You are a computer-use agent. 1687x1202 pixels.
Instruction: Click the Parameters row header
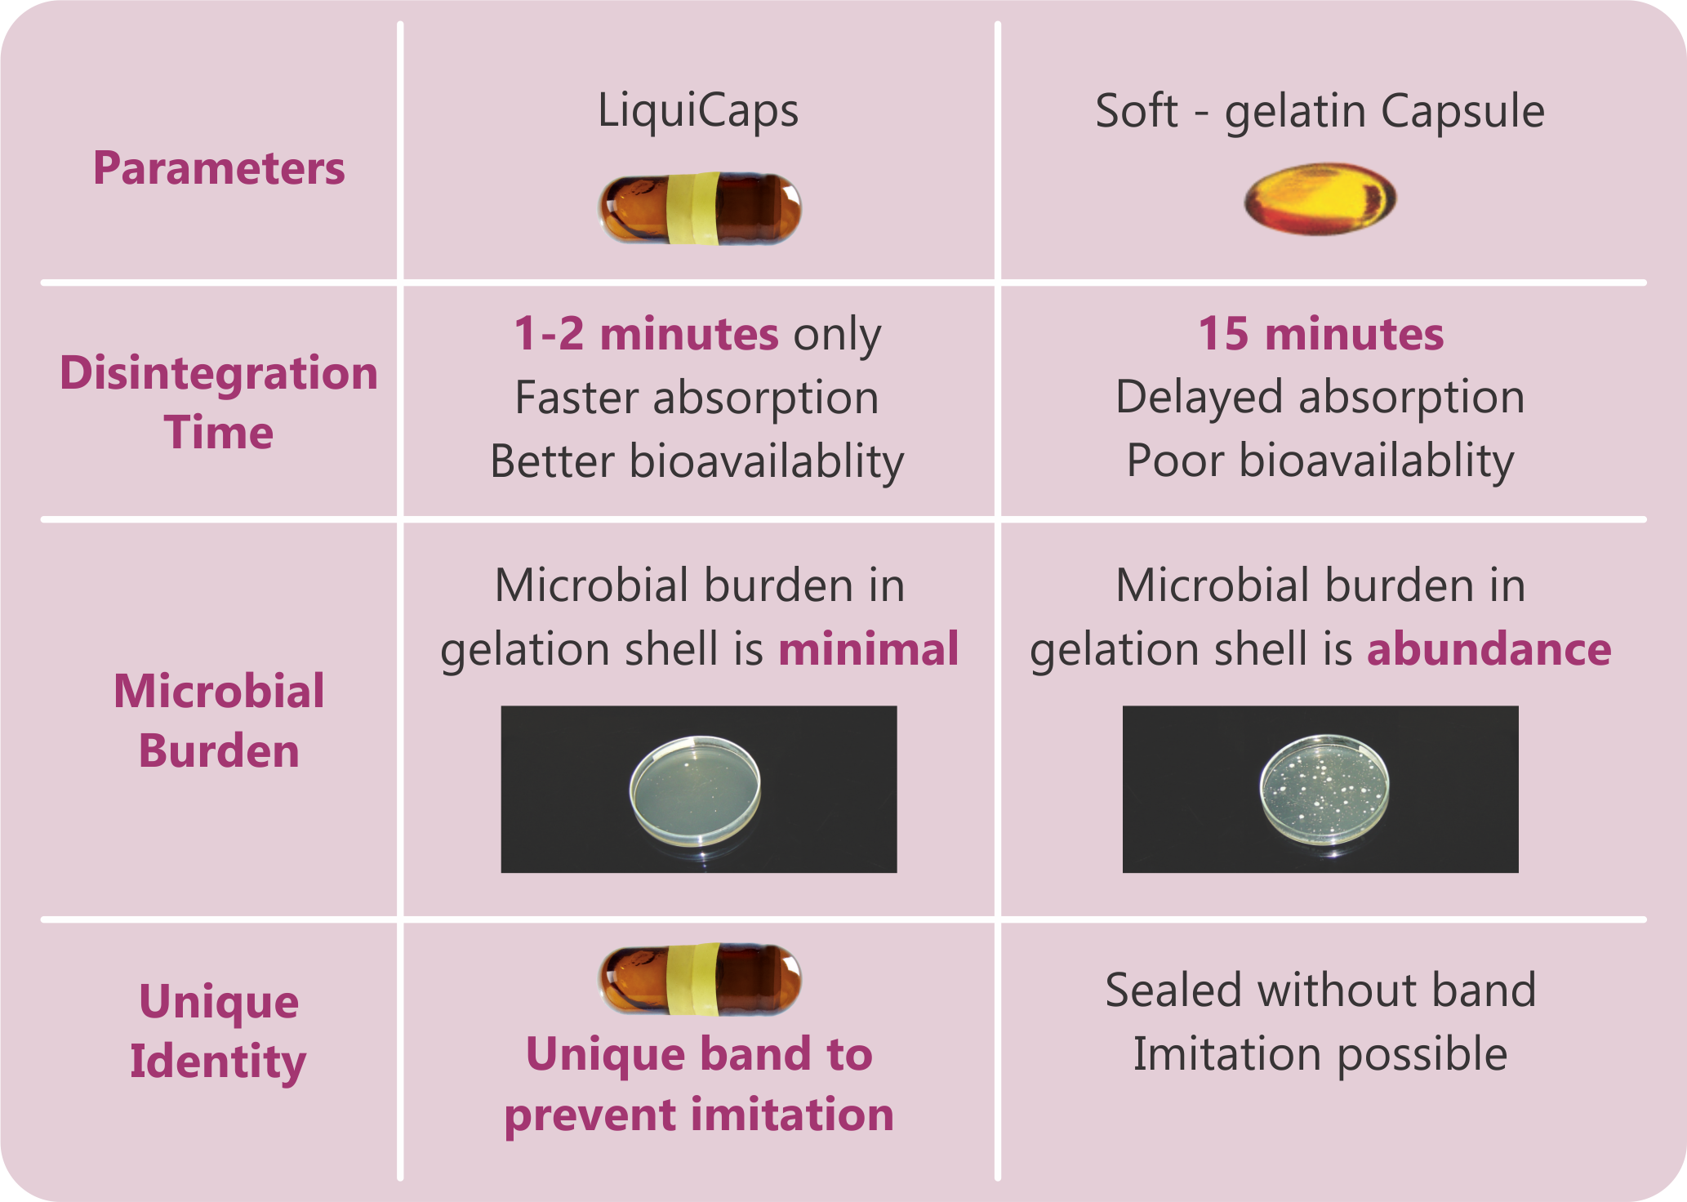[x=219, y=168]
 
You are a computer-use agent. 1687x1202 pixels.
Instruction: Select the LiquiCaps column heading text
[x=698, y=112]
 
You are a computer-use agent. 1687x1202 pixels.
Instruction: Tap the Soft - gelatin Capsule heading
[x=1320, y=112]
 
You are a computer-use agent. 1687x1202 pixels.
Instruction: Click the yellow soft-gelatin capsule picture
[x=1320, y=199]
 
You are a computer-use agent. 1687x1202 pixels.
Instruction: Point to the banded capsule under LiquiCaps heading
[x=700, y=208]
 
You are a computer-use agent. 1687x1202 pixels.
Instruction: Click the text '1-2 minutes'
[x=646, y=334]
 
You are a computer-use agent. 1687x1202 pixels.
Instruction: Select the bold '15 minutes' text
[x=1320, y=334]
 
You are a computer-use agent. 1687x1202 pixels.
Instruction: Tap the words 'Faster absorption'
[x=697, y=398]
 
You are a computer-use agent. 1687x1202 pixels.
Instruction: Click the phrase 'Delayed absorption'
[x=1320, y=398]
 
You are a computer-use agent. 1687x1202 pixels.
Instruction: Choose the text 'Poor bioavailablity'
[x=1320, y=461]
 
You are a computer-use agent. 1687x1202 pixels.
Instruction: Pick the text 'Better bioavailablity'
[x=697, y=462]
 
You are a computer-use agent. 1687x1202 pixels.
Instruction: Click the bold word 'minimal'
[x=869, y=649]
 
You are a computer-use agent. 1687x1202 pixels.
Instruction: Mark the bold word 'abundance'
[x=1489, y=649]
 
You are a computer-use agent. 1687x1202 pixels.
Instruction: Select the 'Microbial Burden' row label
[x=219, y=721]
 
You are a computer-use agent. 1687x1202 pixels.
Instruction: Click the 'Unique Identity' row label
[x=219, y=1031]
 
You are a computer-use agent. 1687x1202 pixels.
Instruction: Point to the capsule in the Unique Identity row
[x=700, y=980]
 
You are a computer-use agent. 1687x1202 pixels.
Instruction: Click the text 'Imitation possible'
[x=1320, y=1054]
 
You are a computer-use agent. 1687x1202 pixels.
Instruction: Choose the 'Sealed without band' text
[x=1320, y=991]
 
